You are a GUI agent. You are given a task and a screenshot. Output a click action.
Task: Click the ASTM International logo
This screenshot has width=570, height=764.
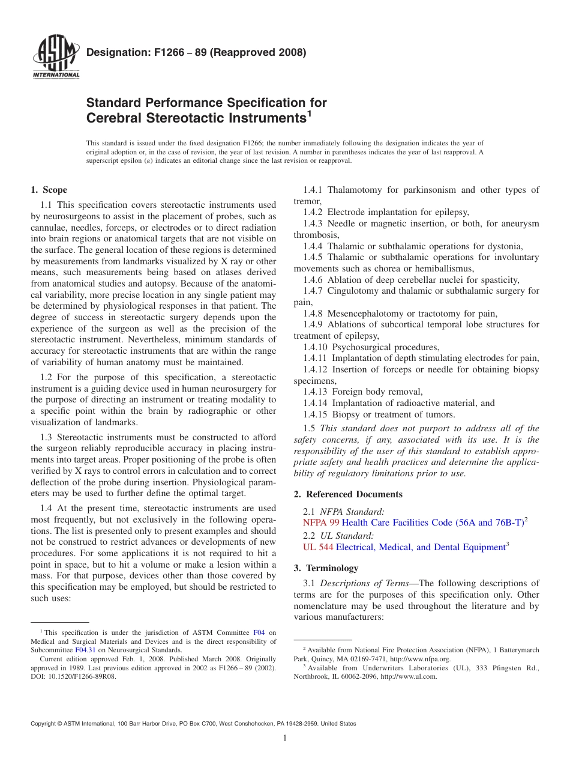tap(56, 58)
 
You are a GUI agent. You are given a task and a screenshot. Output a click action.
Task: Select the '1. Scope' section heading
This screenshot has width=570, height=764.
tap(49, 190)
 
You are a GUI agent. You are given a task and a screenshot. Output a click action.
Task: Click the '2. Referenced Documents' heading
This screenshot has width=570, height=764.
tap(348, 494)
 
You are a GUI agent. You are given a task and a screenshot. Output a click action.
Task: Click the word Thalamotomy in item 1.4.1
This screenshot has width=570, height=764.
tap(356, 190)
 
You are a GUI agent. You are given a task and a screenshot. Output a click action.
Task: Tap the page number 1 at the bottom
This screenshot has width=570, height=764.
tap(285, 738)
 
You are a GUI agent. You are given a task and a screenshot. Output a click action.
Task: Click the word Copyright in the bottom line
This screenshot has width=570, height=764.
tap(44, 724)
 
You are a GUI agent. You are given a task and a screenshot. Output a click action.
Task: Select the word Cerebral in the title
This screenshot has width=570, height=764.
tap(114, 118)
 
